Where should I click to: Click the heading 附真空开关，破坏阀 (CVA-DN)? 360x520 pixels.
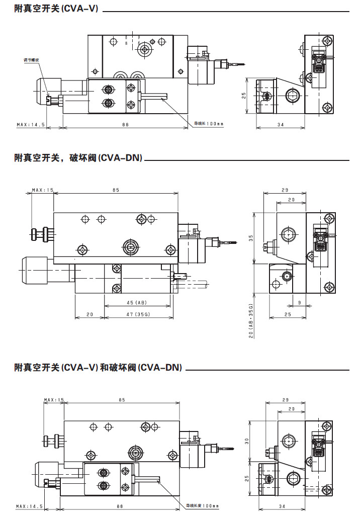click(78, 158)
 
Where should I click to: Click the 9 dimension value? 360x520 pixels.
click(300, 303)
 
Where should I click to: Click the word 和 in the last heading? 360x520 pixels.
click(105, 367)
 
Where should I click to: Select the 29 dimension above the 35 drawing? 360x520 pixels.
click(285, 190)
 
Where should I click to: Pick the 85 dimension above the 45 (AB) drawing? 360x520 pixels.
click(116, 190)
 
